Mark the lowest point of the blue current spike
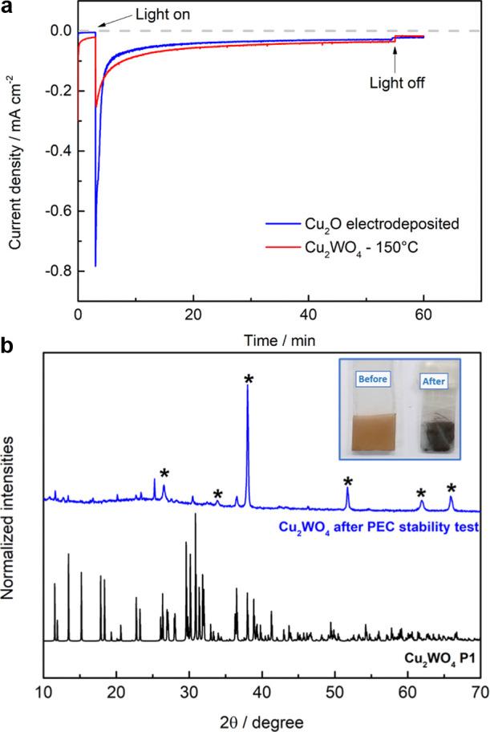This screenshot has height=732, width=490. point(95,266)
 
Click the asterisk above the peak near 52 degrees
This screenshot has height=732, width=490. point(348,482)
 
